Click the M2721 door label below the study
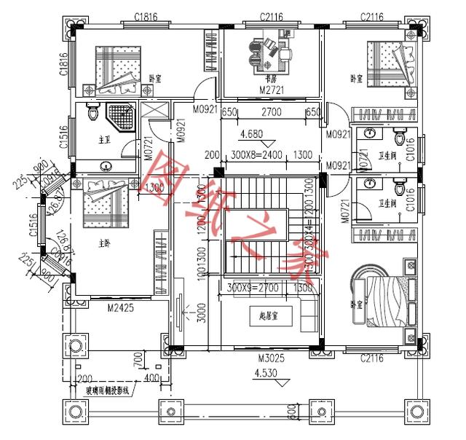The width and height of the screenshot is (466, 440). tap(271, 90)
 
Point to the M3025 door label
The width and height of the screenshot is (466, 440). tap(270, 358)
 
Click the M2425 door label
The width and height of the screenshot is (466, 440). tap(120, 308)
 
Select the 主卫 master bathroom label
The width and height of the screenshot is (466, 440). tap(103, 138)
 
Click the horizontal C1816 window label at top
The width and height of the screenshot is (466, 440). tap(148, 16)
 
